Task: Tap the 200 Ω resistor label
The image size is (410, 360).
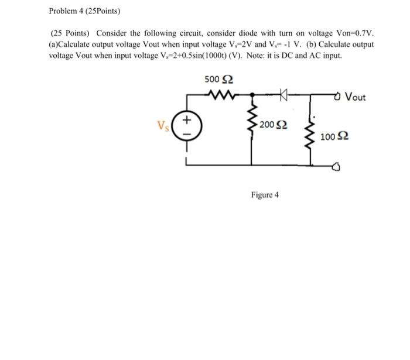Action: (x=273, y=124)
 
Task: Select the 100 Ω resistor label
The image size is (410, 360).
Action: (x=336, y=137)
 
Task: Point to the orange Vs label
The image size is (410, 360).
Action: (x=162, y=125)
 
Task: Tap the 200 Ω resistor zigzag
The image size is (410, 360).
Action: (x=253, y=123)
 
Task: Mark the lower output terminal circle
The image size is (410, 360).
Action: (x=337, y=167)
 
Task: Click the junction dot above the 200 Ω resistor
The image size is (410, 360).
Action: (x=252, y=94)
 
